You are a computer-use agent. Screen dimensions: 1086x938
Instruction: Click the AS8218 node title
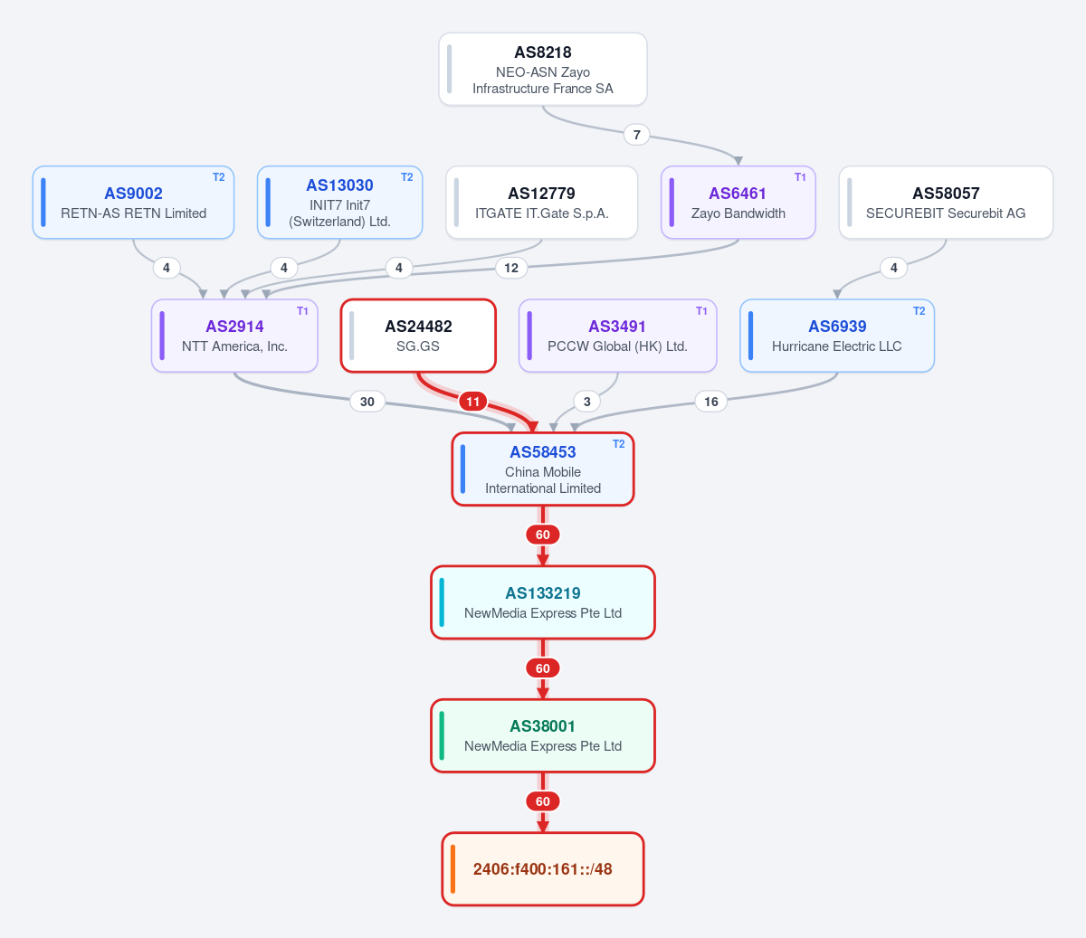pos(542,52)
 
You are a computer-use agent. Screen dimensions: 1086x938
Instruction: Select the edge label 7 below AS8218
pos(636,135)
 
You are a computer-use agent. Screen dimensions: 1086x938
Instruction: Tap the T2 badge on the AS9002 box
pos(219,177)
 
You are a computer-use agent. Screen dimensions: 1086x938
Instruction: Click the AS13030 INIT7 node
pos(339,203)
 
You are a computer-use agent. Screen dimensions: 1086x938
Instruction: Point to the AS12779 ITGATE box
pos(542,203)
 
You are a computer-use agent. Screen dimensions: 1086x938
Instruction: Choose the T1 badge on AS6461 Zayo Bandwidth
pos(800,177)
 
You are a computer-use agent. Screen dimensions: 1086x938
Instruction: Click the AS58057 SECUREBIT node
pos(946,203)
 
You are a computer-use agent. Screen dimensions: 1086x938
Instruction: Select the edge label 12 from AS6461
pos(511,268)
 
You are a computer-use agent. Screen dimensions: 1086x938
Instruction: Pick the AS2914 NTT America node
pos(234,336)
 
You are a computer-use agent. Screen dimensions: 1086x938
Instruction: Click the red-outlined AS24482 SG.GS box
pos(418,336)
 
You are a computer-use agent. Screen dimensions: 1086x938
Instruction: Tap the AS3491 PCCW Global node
pos(617,336)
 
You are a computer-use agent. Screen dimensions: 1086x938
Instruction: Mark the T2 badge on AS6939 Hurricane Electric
pos(919,311)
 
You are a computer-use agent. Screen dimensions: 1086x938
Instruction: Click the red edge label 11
pos(472,402)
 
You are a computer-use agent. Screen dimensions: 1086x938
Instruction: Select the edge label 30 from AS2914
pos(367,402)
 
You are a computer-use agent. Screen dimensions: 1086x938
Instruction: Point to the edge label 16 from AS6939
pos(710,402)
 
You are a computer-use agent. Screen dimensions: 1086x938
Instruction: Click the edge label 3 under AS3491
pos(586,402)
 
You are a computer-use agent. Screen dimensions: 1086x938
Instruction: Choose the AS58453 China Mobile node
pos(543,469)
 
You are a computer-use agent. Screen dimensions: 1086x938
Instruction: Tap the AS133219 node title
pos(543,593)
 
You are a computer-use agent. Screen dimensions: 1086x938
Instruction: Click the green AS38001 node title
pos(543,725)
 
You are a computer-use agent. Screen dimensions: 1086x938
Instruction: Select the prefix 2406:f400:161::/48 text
pos(543,869)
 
